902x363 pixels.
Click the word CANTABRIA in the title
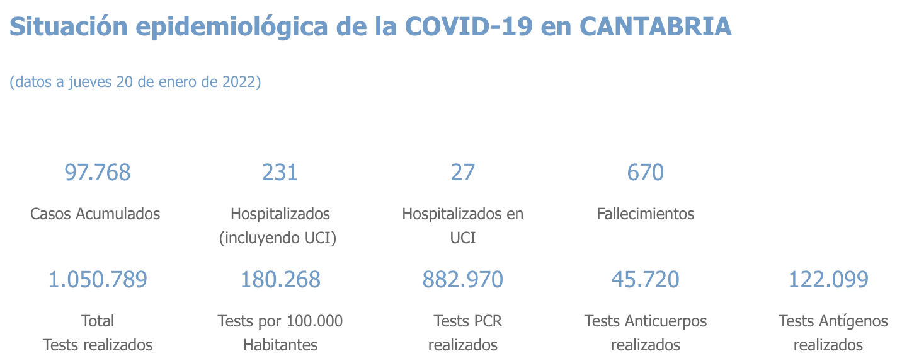tap(655, 26)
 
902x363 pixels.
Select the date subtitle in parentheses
tap(135, 82)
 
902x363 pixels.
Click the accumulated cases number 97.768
tap(98, 172)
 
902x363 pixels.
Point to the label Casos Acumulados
tap(95, 214)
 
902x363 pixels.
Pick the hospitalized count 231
tap(280, 172)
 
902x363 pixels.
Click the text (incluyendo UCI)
tap(280, 238)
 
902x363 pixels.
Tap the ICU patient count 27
tap(462, 172)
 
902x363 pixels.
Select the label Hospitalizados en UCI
tap(462, 226)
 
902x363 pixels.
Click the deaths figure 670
tap(645, 172)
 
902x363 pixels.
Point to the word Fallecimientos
tap(645, 214)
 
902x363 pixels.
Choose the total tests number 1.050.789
tap(98, 279)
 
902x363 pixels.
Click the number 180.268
tap(280, 279)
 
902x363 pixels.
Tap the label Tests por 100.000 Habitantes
tap(280, 333)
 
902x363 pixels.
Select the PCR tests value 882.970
tap(462, 279)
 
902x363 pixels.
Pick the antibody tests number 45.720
tap(645, 279)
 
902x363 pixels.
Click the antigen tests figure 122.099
tap(828, 279)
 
